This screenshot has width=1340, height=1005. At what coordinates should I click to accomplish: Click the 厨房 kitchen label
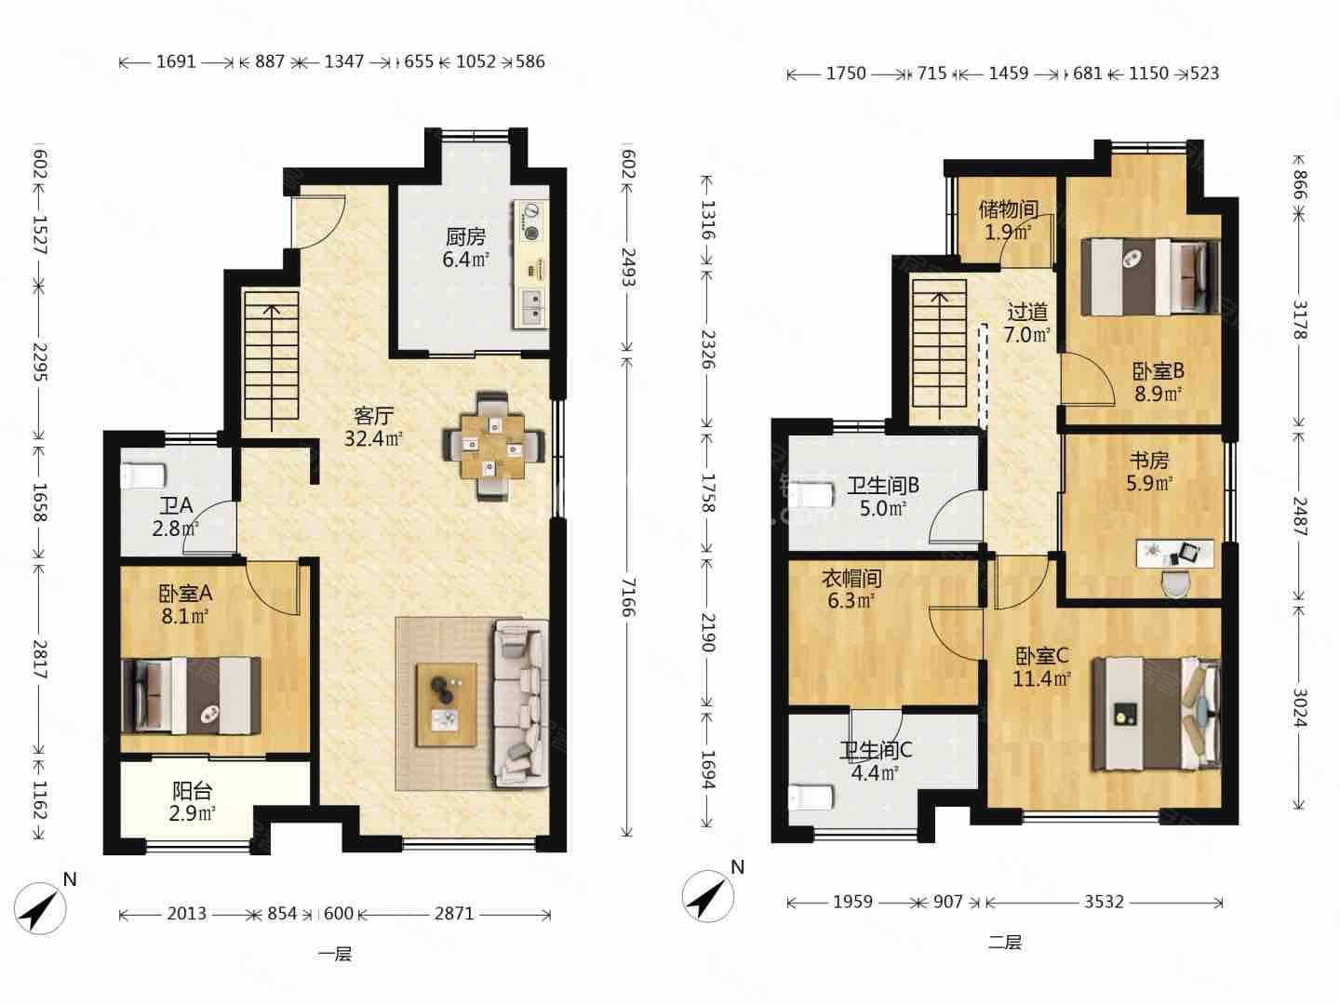465,235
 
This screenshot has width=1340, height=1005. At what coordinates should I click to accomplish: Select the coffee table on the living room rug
447,704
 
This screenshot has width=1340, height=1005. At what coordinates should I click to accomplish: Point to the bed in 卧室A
192,695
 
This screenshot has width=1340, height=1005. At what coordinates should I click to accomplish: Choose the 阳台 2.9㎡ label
193,802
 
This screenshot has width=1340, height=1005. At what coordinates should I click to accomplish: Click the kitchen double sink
531,307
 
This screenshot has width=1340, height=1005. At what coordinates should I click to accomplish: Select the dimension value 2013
187,914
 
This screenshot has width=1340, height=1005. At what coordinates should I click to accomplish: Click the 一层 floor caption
335,954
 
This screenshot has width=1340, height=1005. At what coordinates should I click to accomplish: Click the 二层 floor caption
1004,942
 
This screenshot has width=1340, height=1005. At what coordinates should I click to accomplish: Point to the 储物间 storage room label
1009,210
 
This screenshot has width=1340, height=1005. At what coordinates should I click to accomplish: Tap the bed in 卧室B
1150,276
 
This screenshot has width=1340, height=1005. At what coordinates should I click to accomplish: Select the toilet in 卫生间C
811,797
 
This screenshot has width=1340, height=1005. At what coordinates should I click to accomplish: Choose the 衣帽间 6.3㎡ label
851,589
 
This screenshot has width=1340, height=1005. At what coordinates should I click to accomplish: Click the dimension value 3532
1104,902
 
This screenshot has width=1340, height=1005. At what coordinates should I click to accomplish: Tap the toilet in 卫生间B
811,495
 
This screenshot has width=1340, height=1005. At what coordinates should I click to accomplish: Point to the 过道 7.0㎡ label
1027,324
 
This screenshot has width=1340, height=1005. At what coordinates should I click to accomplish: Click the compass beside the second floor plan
708,895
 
